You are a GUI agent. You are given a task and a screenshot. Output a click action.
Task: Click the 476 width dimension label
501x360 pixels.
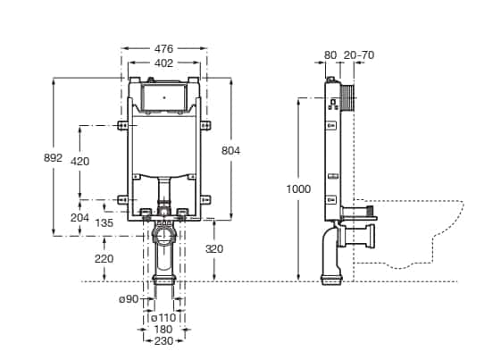coord(163,48)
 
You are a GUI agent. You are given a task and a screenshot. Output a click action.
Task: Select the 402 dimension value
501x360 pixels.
coord(163,63)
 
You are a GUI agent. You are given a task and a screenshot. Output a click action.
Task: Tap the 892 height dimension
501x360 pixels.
coord(53,157)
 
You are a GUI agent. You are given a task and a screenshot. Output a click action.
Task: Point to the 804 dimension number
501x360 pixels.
coord(230,151)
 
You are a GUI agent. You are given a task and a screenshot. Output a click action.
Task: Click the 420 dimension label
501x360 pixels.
coord(79,162)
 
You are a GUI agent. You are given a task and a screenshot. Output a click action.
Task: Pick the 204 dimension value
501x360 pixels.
coord(79,218)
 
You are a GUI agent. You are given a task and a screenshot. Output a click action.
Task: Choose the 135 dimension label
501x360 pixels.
coord(104,222)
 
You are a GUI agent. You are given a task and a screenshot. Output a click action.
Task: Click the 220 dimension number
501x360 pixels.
coord(104,259)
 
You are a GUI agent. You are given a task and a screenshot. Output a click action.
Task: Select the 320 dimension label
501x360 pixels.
coord(214,248)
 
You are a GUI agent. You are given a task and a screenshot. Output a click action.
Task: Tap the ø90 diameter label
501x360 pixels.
coord(129,299)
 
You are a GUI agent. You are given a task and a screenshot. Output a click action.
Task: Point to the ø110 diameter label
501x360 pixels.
coord(163,318)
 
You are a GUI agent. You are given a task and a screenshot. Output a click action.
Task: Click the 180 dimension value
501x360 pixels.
coord(163,330)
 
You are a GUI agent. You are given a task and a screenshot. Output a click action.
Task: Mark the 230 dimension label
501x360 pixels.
coord(163,341)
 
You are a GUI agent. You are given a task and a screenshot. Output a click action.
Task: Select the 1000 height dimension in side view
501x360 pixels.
coord(298,189)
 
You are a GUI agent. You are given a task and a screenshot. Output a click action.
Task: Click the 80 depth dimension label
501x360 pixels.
coord(330,55)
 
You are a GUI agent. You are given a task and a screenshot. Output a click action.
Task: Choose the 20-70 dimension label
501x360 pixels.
coord(359,55)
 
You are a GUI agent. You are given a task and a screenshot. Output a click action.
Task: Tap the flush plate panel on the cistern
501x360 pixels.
coord(164,97)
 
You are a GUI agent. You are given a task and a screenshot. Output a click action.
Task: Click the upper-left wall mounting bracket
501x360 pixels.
coord(122,125)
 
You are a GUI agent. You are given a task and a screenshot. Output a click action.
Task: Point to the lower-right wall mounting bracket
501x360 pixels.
coord(205,200)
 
